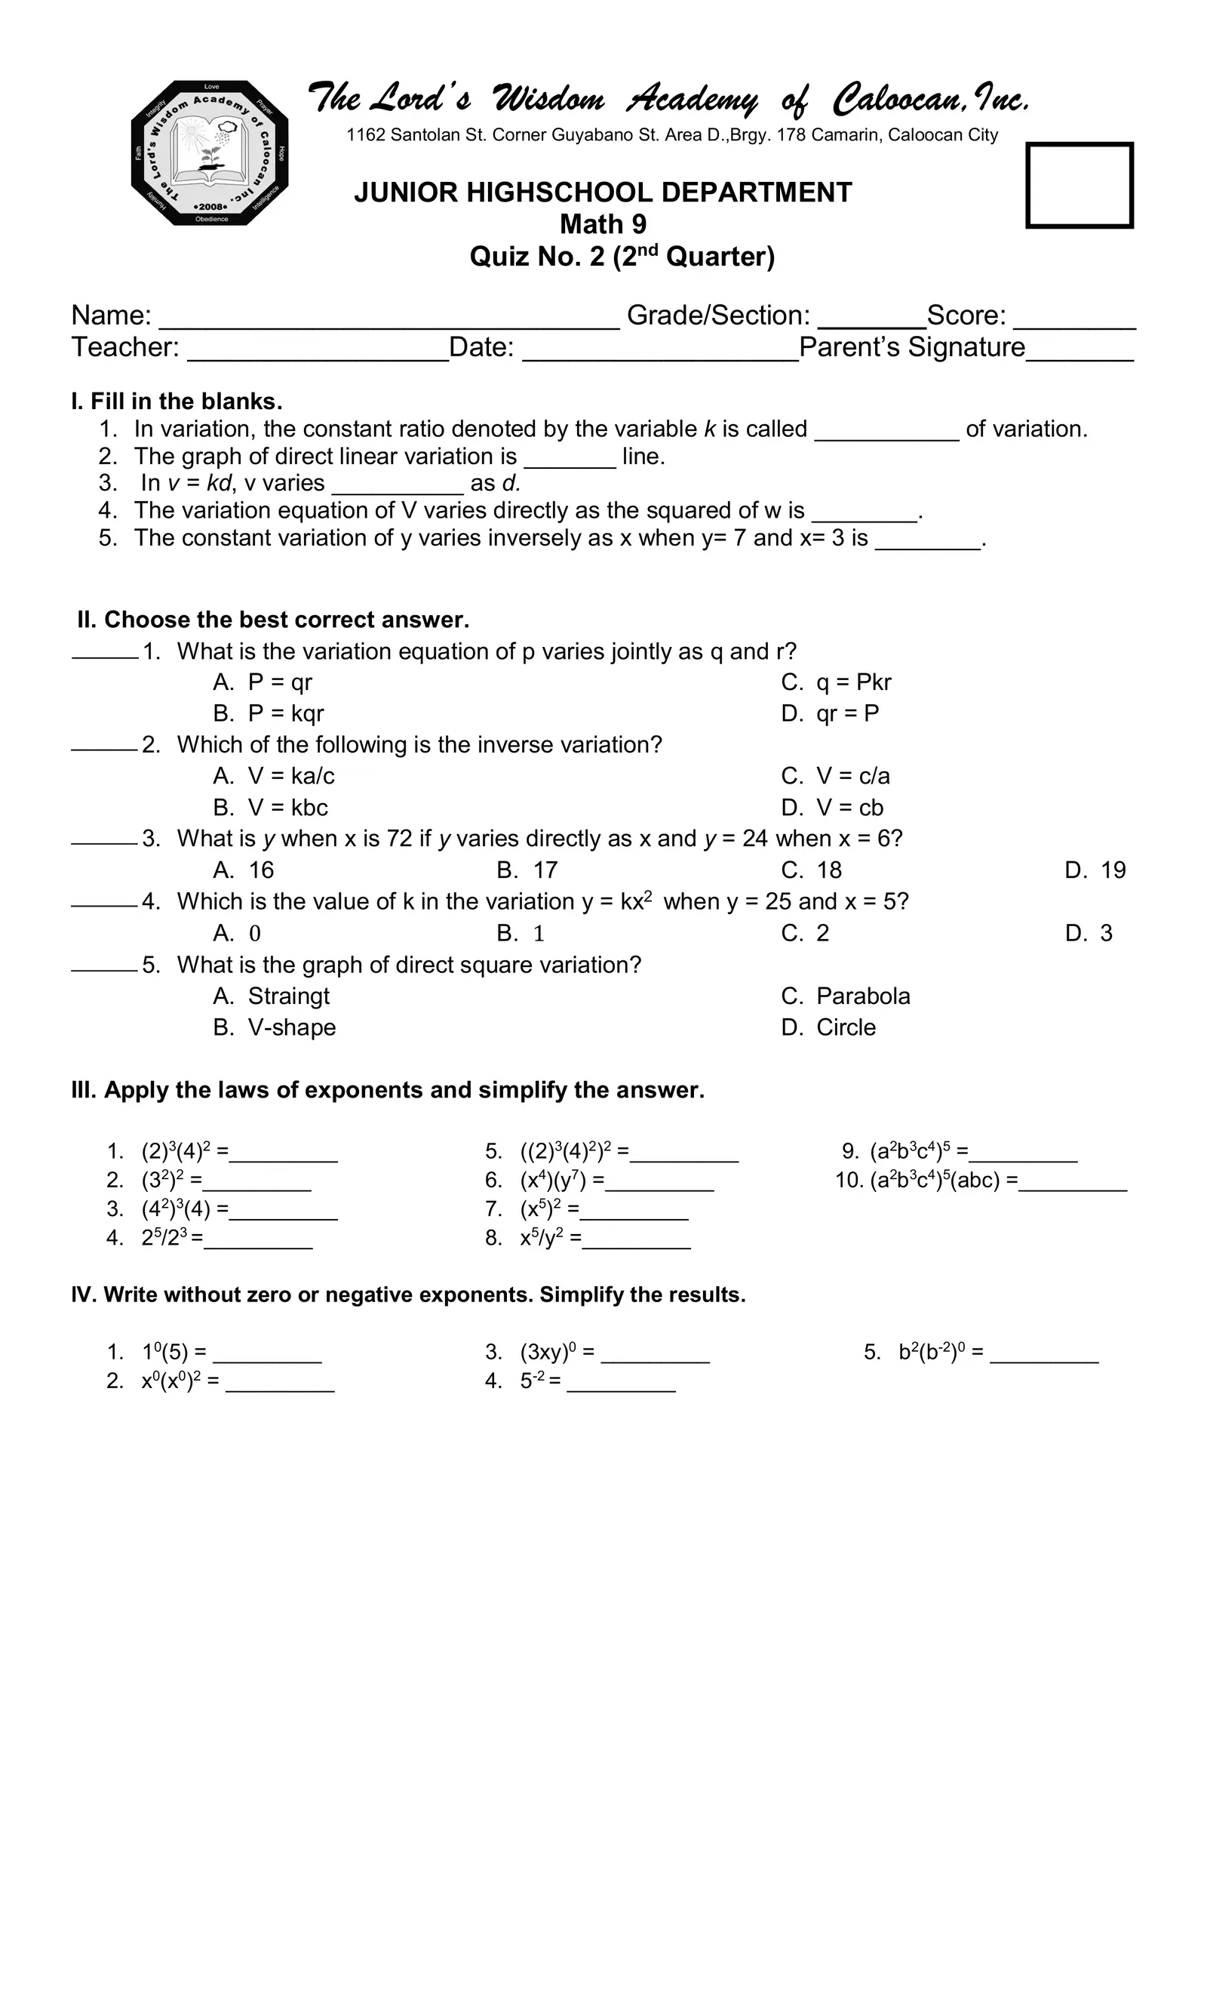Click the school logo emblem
tap(210, 153)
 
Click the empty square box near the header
tap(1079, 186)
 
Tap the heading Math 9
tap(603, 224)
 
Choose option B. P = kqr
tap(269, 713)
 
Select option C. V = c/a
tap(836, 776)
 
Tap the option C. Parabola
tap(846, 996)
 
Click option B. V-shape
tap(275, 1027)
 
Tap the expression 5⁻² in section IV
tap(532, 1381)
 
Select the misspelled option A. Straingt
tap(272, 996)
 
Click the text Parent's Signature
tap(912, 347)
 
